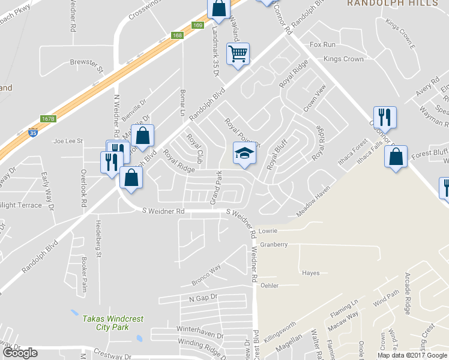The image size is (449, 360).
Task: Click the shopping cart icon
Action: pyautogui.click(x=238, y=54)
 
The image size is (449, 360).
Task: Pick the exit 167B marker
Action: pyautogui.click(x=48, y=119)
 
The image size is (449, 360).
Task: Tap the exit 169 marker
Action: pyautogui.click(x=198, y=25)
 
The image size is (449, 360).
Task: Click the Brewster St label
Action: pyautogui.click(x=87, y=62)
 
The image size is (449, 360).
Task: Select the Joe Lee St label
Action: pyautogui.click(x=68, y=141)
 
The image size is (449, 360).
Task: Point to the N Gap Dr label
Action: pyautogui.click(x=202, y=298)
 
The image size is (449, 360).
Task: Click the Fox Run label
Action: pyautogui.click(x=322, y=45)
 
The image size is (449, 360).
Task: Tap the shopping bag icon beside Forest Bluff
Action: pyautogui.click(x=396, y=157)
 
